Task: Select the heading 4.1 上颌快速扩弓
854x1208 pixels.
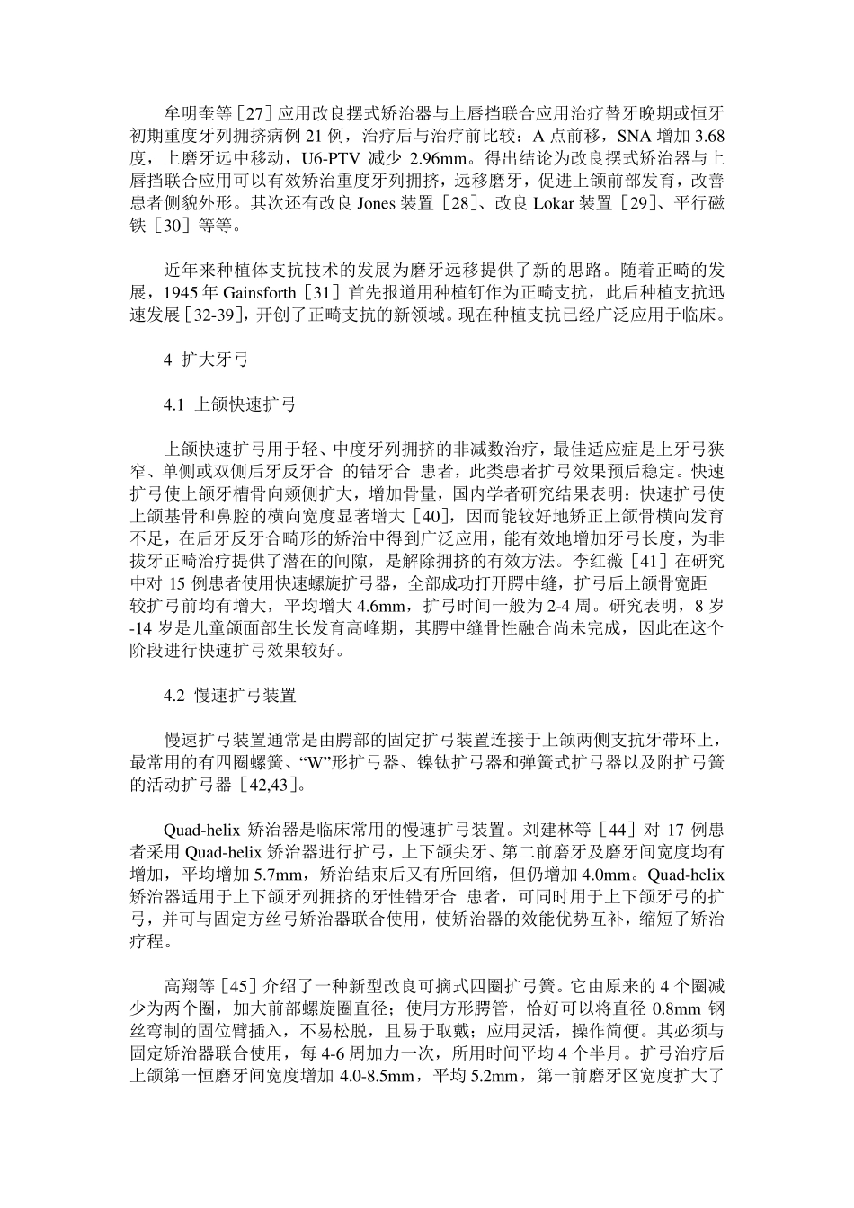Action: [x=229, y=404]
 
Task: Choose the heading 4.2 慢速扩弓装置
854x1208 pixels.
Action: [x=229, y=695]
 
